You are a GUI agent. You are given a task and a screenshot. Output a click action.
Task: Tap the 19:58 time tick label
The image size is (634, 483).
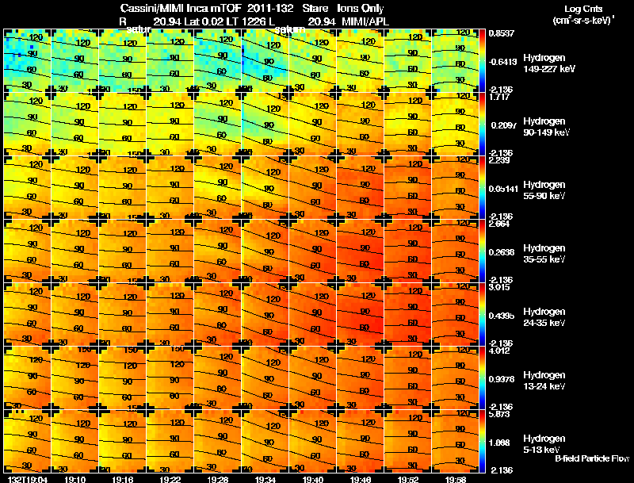coord(454,479)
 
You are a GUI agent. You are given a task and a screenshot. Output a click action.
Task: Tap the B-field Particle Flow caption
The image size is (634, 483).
coord(591,458)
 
